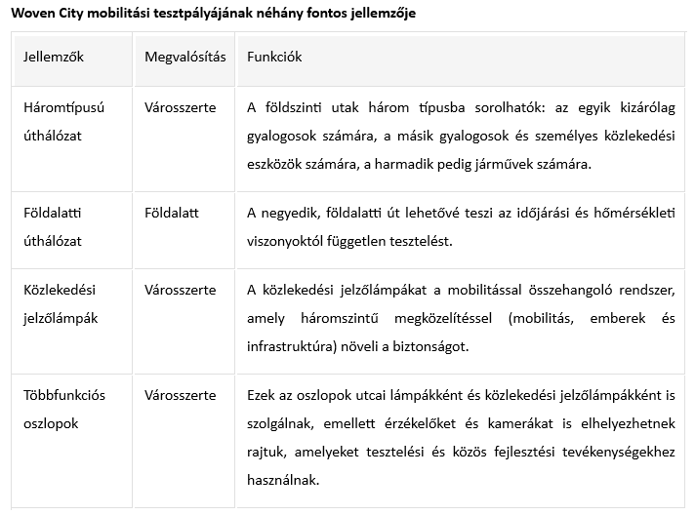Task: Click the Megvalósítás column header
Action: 184,57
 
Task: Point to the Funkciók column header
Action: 274,57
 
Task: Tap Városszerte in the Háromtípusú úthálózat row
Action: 180,106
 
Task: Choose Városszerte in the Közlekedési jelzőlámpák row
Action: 180,289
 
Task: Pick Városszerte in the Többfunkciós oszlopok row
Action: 180,395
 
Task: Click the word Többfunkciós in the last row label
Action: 64,395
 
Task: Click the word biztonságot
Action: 431,346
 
